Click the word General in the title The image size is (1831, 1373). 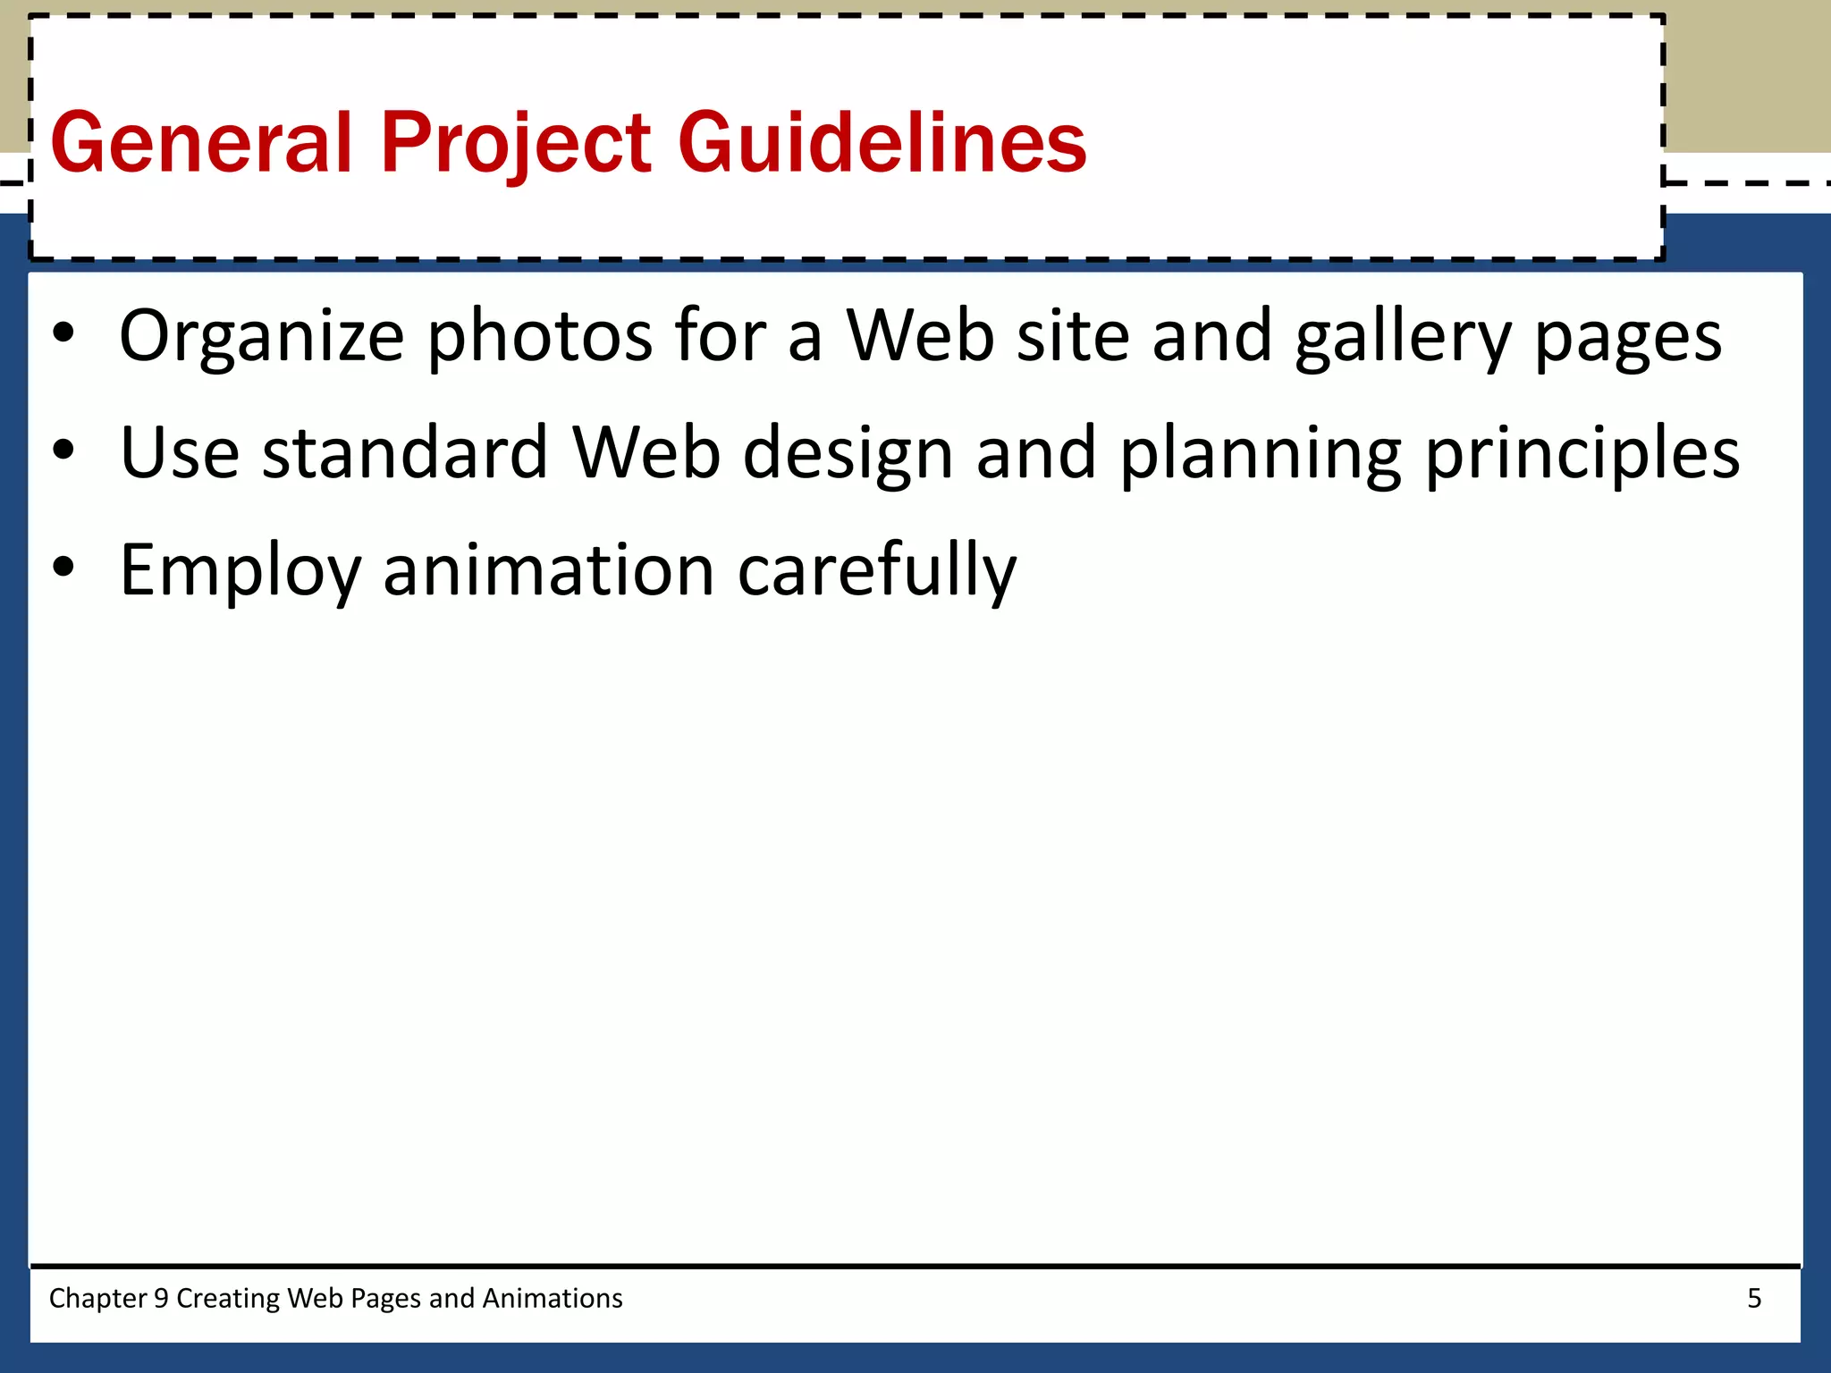click(x=201, y=143)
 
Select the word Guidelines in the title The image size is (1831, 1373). click(x=882, y=143)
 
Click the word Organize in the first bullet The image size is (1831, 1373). click(x=262, y=337)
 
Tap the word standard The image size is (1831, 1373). click(x=404, y=453)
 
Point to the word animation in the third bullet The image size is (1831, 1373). click(x=549, y=569)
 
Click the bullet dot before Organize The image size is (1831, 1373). click(x=63, y=333)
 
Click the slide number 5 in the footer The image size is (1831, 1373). click(x=1754, y=1298)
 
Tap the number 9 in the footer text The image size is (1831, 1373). click(x=161, y=1298)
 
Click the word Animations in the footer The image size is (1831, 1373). click(x=553, y=1298)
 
